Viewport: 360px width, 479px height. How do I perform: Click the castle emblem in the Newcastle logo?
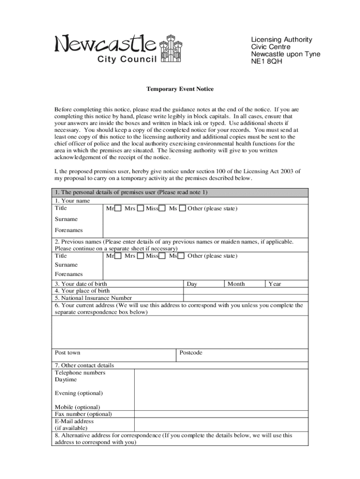(x=169, y=48)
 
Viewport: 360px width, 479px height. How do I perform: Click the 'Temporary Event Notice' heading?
(x=180, y=89)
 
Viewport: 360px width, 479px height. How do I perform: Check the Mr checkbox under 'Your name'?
(x=118, y=208)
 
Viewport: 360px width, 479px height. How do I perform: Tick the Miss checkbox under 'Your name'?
(x=162, y=208)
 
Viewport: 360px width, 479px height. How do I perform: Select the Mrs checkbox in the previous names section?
(x=140, y=256)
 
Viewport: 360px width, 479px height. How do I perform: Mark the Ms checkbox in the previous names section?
(x=182, y=256)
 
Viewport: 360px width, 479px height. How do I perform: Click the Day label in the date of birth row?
(x=192, y=284)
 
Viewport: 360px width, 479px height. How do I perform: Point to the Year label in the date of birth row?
(x=274, y=284)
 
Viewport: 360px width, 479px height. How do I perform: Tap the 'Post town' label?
(x=67, y=353)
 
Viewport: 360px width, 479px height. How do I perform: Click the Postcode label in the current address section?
(x=191, y=353)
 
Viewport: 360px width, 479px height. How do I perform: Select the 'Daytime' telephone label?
(x=66, y=380)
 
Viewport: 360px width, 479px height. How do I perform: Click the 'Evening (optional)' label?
(x=79, y=393)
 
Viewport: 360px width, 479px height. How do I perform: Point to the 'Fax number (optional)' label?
(x=83, y=414)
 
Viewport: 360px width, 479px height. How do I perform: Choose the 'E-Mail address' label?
(x=74, y=421)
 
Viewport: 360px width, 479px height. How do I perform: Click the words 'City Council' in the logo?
(x=127, y=59)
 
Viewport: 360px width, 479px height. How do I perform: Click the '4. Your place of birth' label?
(x=82, y=291)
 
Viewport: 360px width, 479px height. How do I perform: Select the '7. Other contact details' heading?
(x=84, y=365)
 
